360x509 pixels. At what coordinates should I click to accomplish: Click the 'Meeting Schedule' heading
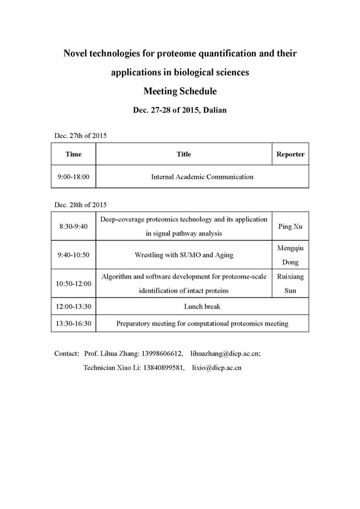click(x=179, y=91)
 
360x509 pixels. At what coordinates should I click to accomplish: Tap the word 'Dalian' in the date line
click(x=213, y=110)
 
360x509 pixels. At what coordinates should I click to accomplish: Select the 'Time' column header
click(x=73, y=154)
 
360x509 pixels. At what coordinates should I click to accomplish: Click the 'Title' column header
click(x=184, y=154)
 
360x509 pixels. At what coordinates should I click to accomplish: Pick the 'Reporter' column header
click(x=290, y=154)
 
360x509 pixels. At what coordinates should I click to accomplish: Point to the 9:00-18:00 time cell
click(x=73, y=177)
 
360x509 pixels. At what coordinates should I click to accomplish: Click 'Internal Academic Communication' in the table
click(x=202, y=177)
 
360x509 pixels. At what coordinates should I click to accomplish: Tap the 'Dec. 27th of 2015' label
click(x=80, y=136)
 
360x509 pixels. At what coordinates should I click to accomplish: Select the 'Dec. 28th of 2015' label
click(x=80, y=204)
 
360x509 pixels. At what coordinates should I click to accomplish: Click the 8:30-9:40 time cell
click(x=73, y=226)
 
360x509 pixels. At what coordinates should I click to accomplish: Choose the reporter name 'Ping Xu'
click(x=290, y=226)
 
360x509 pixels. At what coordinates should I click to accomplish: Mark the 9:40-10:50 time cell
click(x=73, y=255)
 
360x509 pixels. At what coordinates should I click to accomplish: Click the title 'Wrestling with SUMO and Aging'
click(x=184, y=255)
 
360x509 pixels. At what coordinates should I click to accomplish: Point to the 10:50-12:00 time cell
click(x=73, y=284)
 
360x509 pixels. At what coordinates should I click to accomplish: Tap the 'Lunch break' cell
click(x=202, y=306)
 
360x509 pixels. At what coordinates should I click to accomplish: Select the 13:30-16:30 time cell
click(x=73, y=323)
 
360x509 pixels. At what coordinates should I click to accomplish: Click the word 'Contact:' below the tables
click(x=67, y=353)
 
